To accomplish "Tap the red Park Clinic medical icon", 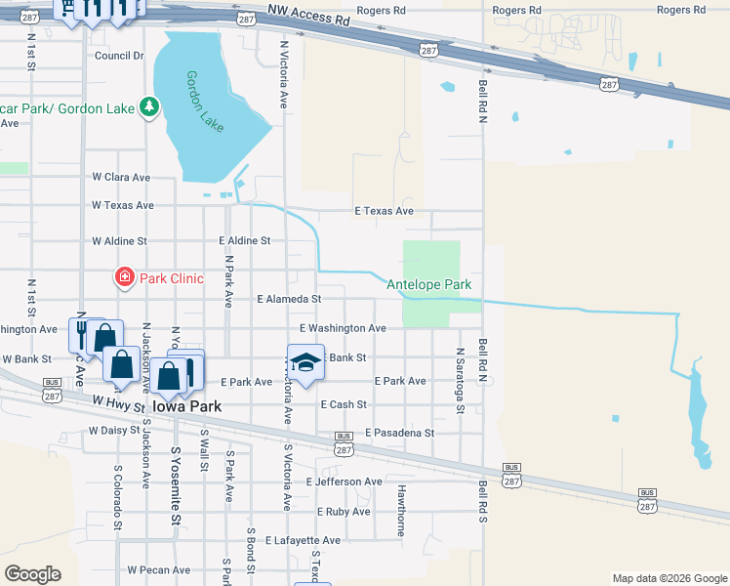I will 125,278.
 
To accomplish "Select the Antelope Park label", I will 429,285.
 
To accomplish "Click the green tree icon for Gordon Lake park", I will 149,105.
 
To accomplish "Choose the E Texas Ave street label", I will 384,211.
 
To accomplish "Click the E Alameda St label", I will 288,299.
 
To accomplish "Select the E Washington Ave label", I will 343,329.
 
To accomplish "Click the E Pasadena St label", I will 399,433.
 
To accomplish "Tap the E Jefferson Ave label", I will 344,482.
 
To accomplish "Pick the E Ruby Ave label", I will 344,512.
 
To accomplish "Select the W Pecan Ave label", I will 158,569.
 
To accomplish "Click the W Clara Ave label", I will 121,178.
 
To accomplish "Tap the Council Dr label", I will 119,56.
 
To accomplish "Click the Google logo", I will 32,574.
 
